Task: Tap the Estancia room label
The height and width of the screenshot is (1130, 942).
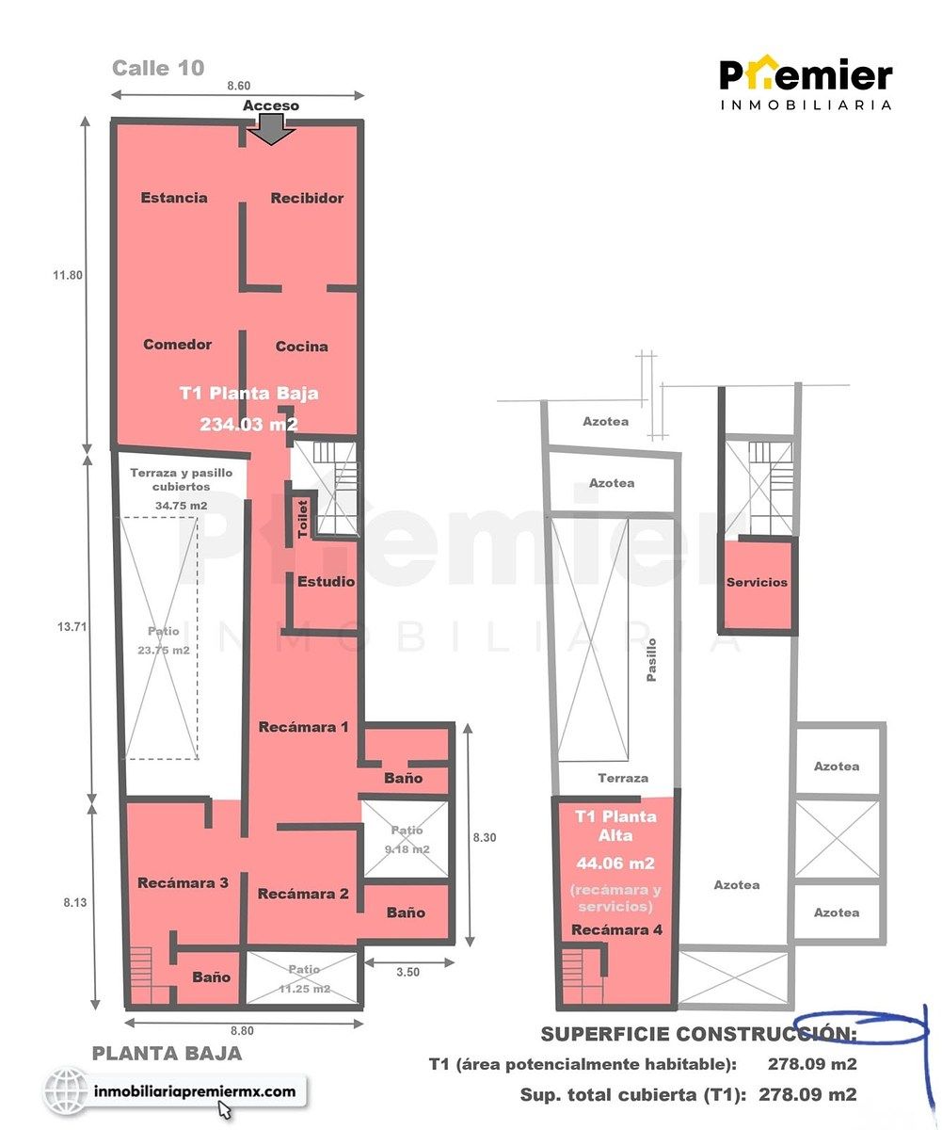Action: coord(173,198)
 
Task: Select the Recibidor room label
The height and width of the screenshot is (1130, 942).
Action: coord(307,198)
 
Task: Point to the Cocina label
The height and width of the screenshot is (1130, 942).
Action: coord(301,347)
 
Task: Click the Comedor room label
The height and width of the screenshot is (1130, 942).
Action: coord(177,345)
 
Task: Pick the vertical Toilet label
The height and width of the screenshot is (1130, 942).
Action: coord(303,519)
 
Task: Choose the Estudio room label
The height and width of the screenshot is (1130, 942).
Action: coord(326,582)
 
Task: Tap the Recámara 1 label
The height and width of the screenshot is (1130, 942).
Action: coord(303,727)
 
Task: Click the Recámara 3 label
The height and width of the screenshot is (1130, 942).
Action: coord(183,882)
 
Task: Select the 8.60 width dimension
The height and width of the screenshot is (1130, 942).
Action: coord(238,86)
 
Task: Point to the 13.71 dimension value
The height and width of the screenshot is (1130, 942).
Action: coord(72,627)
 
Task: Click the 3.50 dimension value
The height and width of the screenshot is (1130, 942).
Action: coord(407,972)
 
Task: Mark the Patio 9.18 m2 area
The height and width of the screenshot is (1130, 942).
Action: coord(407,839)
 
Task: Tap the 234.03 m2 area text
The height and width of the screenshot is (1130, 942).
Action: coord(248,424)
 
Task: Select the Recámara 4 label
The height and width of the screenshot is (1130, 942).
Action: coord(616,929)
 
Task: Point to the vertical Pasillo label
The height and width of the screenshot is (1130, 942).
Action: coord(651,660)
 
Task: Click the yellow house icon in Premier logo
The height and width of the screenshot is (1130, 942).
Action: coord(759,74)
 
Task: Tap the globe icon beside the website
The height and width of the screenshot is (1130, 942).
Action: coord(66,1090)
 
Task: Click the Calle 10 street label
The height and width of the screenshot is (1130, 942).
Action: coord(158,68)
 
